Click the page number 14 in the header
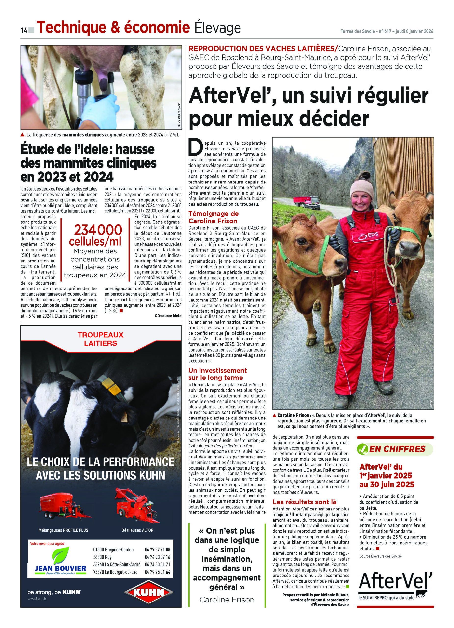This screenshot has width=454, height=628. [23, 30]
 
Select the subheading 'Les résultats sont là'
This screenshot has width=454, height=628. [304, 502]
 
